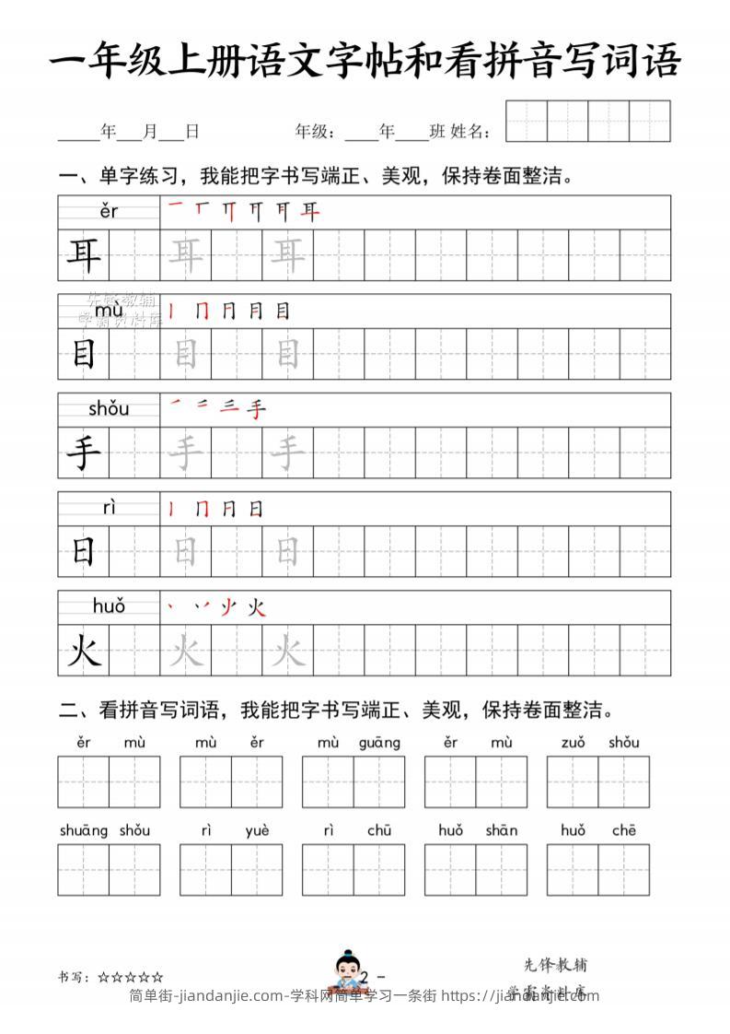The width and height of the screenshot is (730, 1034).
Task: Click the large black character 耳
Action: pos(84,255)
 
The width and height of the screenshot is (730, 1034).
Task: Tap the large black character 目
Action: pos(84,354)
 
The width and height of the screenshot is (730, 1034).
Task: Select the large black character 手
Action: pos(84,452)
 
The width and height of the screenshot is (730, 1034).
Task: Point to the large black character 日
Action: pos(84,551)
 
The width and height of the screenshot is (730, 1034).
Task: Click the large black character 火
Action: pos(84,652)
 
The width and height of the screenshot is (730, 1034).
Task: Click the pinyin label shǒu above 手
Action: pos(109,408)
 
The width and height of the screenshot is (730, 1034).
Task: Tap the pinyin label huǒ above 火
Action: pos(109,605)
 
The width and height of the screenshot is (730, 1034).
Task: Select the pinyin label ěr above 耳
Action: pos(109,212)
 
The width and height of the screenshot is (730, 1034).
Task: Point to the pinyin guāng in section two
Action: pos(379,743)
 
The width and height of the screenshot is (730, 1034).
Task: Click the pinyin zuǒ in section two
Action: pos(573,743)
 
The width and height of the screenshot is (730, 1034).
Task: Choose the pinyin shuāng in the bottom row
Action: pos(84,830)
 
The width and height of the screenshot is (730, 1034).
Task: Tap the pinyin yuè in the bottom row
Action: pos(257,830)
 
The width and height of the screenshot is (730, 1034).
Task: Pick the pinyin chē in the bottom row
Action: pos(623,830)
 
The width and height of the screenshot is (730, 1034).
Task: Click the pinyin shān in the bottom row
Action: pos(502,830)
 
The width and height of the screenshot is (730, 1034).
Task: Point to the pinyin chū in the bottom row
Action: pos(378,830)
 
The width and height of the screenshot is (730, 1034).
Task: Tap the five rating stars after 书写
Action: pos(131,977)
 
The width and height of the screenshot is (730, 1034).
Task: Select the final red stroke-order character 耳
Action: pos(311,213)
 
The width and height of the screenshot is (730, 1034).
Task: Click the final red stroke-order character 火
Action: pos(257,606)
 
